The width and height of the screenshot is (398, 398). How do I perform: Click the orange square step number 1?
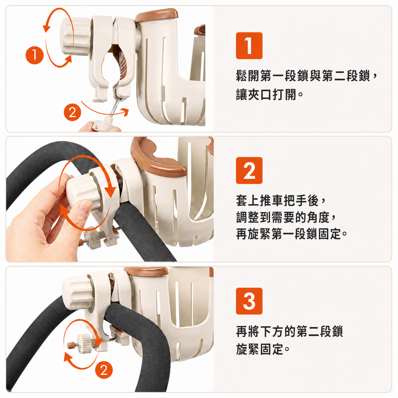249,46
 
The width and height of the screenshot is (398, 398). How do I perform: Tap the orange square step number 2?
249,170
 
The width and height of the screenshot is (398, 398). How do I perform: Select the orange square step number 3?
249,301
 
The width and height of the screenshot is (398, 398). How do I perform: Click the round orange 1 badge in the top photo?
35,55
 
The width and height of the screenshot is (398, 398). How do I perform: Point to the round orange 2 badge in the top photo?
72,112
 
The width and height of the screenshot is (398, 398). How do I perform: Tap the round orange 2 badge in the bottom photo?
104,370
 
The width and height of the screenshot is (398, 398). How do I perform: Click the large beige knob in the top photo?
75,36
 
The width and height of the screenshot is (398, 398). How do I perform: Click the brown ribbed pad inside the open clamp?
122,62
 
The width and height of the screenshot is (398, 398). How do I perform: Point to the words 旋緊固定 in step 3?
259,349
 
